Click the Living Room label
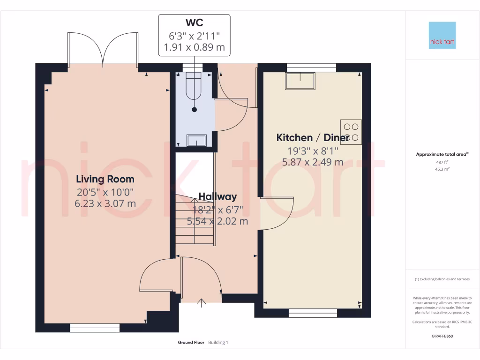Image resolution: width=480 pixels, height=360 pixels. pos(105,179)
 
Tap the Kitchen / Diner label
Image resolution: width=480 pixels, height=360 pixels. pos(313,137)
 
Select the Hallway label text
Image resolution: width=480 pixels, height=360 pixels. pos(217,196)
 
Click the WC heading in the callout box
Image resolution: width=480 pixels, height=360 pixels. pos(195,22)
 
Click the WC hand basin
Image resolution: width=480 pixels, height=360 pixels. pos(196,141)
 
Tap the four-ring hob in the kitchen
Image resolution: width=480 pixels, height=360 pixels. pos(351,132)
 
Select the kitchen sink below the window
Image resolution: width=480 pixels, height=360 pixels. pos(300,81)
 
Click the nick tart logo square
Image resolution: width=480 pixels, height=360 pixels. pos(442,35)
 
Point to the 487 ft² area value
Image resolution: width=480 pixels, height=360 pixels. pos(442,162)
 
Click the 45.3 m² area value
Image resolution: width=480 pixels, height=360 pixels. pos(442,169)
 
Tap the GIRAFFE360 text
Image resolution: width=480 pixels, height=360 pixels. pos(442,336)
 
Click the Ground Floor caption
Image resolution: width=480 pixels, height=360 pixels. pos(191,343)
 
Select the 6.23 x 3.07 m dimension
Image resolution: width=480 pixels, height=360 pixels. pos(105,203)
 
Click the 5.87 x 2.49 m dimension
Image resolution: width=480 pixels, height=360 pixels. pos(313,162)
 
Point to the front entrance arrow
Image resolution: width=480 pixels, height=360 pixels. pos(201,303)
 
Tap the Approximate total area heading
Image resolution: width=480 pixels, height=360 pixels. pos(442,154)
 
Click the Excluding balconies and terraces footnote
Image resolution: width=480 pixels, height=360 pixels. pos(442,279)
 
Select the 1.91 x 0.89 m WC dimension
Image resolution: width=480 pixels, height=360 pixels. pos(195,47)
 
